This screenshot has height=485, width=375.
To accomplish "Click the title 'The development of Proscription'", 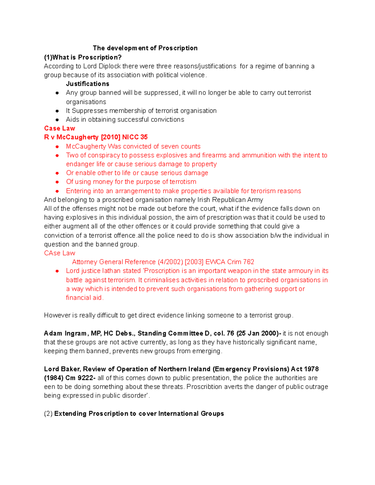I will [x=145, y=48].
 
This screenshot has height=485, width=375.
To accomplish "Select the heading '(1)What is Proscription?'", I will [x=83, y=57].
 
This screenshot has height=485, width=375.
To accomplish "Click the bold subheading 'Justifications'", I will [x=87, y=84].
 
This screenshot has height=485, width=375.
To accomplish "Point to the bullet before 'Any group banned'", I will [x=57, y=93].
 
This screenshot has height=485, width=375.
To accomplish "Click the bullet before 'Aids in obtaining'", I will [x=57, y=120].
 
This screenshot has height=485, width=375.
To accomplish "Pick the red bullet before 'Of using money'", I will [x=57, y=182].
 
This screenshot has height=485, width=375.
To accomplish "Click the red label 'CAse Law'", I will [x=59, y=253].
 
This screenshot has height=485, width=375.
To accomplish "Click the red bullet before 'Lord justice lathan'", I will [x=57, y=271].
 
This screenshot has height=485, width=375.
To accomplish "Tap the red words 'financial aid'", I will [x=84, y=298].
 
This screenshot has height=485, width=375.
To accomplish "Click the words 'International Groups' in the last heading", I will [x=191, y=413].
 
